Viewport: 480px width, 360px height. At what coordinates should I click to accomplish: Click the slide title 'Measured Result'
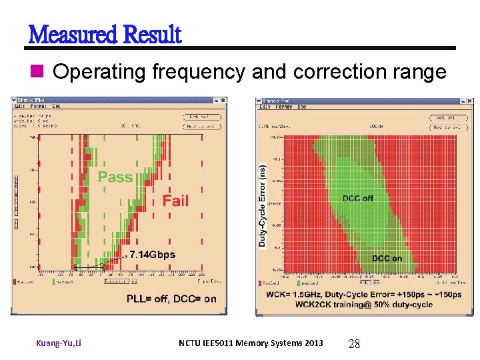[x=104, y=34]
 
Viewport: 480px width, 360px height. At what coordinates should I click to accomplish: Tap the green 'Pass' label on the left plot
[x=115, y=177]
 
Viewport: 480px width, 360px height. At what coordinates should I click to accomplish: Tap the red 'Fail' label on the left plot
[x=175, y=201]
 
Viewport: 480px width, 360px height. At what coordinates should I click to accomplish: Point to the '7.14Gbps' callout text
[x=152, y=255]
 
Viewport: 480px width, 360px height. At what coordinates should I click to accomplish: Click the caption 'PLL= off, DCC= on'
[x=171, y=299]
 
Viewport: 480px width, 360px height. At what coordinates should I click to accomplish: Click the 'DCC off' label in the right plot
[x=358, y=198]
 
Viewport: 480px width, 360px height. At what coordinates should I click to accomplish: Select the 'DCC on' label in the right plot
[x=387, y=259]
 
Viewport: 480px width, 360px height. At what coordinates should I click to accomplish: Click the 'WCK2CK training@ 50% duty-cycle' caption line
[x=349, y=305]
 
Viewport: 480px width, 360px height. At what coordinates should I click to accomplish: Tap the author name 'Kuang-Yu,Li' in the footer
[x=59, y=343]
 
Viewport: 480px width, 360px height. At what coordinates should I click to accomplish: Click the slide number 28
[x=354, y=344]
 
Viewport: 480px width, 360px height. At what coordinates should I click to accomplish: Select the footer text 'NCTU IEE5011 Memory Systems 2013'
[x=251, y=343]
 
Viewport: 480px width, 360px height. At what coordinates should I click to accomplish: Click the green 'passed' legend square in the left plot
[x=53, y=282]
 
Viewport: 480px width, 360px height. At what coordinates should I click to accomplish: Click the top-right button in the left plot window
[x=201, y=117]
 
